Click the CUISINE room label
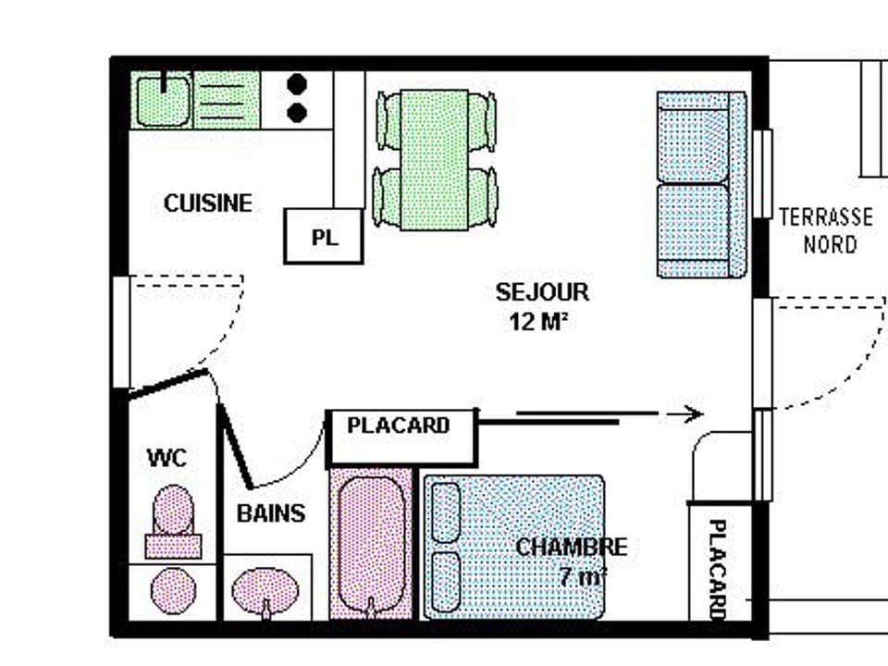pos(208,203)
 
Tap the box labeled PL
pos(323,237)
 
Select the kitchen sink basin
pos(163,100)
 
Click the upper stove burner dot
pos(297,85)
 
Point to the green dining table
pos(435,159)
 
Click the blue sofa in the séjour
pos(701,184)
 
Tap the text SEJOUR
pos(542,292)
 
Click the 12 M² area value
pos(537,322)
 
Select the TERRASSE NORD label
pos(825,230)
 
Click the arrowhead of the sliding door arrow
pos(696,414)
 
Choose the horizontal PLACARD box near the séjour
pos(402,437)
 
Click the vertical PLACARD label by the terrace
pos(716,569)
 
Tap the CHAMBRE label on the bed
pos(571,547)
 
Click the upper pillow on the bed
pos(447,512)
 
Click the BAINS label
pos(271,513)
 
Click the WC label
pos(166,457)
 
